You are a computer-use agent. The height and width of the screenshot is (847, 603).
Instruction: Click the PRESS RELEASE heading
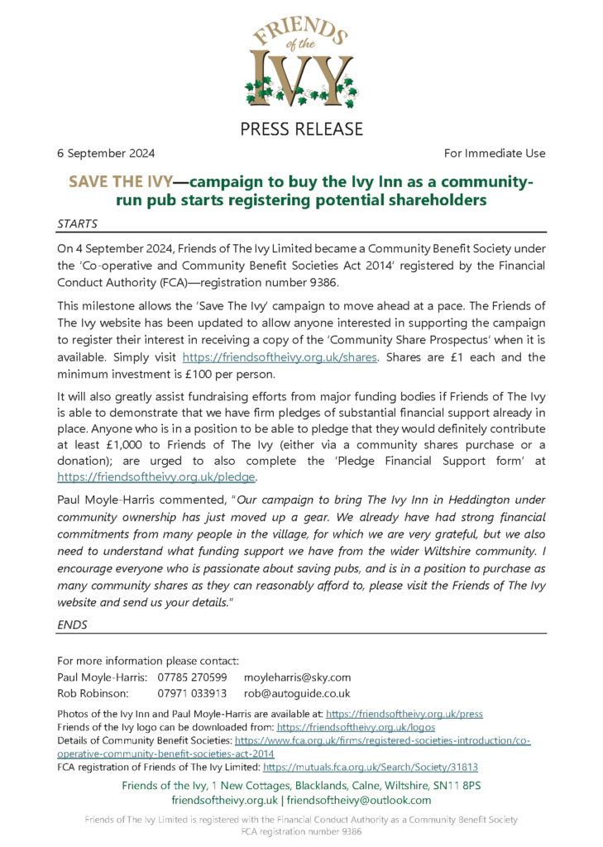(x=301, y=128)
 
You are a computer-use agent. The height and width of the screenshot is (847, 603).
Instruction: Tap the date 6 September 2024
(x=105, y=153)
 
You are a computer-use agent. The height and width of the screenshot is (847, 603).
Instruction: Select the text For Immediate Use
(x=495, y=153)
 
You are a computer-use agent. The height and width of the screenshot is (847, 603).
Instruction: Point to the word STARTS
(x=77, y=223)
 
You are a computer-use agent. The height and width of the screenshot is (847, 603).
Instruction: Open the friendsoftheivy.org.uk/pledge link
(x=156, y=476)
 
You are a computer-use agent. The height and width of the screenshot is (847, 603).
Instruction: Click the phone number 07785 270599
(x=192, y=677)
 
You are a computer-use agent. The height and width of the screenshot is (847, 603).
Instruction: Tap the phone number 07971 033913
(x=192, y=693)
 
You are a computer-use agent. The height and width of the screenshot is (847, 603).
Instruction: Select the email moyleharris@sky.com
(x=298, y=677)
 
